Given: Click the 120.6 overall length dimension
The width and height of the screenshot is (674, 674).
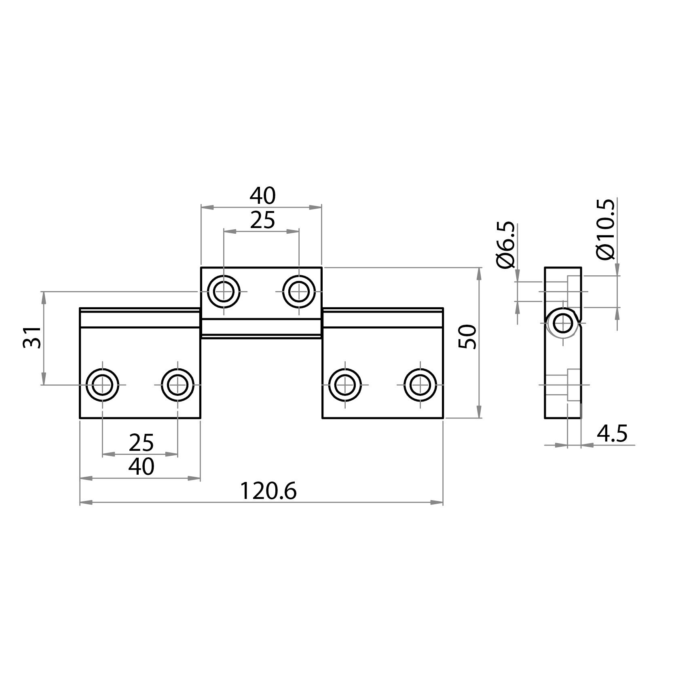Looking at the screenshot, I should [x=268, y=491].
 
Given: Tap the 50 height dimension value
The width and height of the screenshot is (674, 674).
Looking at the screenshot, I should [x=468, y=336].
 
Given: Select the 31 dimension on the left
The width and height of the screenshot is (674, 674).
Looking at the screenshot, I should [x=32, y=337].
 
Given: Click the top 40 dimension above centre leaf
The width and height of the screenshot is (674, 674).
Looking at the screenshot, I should [x=262, y=196].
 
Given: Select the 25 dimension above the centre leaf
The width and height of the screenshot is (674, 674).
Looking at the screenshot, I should [x=262, y=220].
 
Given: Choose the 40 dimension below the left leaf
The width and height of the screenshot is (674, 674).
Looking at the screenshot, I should [x=141, y=467].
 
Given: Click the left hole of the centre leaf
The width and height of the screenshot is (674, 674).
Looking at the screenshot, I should [x=224, y=292].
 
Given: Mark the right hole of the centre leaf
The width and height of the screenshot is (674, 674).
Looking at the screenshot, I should [x=299, y=292].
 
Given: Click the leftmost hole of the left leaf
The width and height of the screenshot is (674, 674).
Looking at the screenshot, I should [x=103, y=385].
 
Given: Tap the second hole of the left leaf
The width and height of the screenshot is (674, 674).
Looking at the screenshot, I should [x=177, y=385].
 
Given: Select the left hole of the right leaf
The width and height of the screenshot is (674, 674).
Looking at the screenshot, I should [x=345, y=385].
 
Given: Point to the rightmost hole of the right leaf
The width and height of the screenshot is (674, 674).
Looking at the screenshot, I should [x=420, y=385].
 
